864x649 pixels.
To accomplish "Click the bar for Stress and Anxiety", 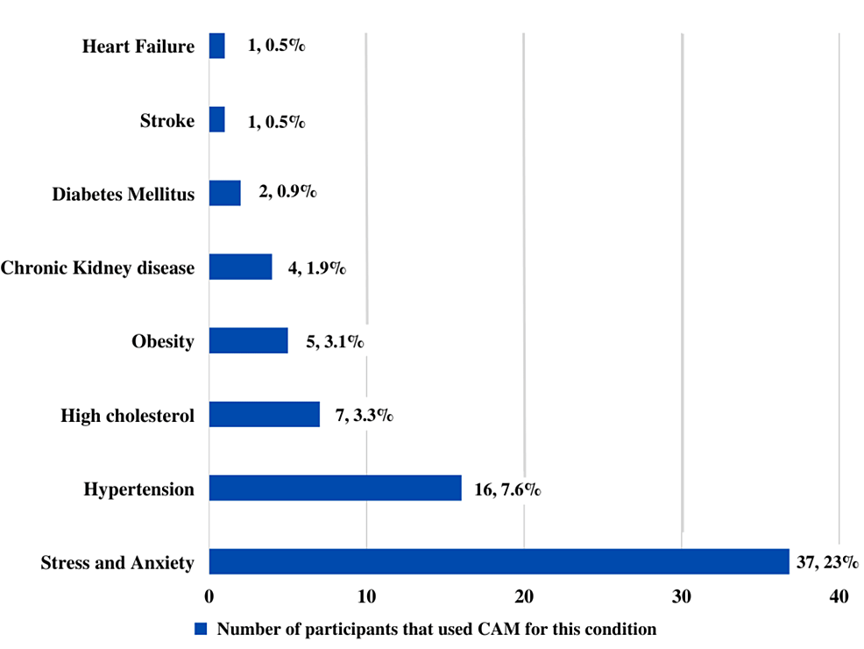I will coord(499,562).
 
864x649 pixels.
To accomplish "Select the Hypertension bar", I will coord(335,489).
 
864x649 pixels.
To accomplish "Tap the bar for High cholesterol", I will coord(264,414).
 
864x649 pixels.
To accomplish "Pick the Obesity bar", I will coord(248,340).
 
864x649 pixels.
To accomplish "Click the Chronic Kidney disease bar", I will coord(240,267).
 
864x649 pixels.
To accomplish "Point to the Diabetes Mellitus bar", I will coord(224,193).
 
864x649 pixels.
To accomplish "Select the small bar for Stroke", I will coord(216,120).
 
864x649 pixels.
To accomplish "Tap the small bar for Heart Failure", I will coord(216,46).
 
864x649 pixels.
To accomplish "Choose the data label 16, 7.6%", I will coord(507,489).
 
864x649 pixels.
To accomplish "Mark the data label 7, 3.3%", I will coord(364,414).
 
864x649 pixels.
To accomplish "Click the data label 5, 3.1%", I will coord(335,341).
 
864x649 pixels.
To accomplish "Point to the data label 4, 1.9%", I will coord(316,267).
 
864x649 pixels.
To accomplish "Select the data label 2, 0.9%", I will coord(287,193).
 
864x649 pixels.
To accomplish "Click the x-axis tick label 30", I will coord(682,597).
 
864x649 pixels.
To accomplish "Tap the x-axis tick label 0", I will coord(209,597).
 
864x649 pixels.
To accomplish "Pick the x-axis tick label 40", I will coord(839,597).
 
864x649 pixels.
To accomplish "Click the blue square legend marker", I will coord(200,629).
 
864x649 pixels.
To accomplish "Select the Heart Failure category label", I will coord(138,46).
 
